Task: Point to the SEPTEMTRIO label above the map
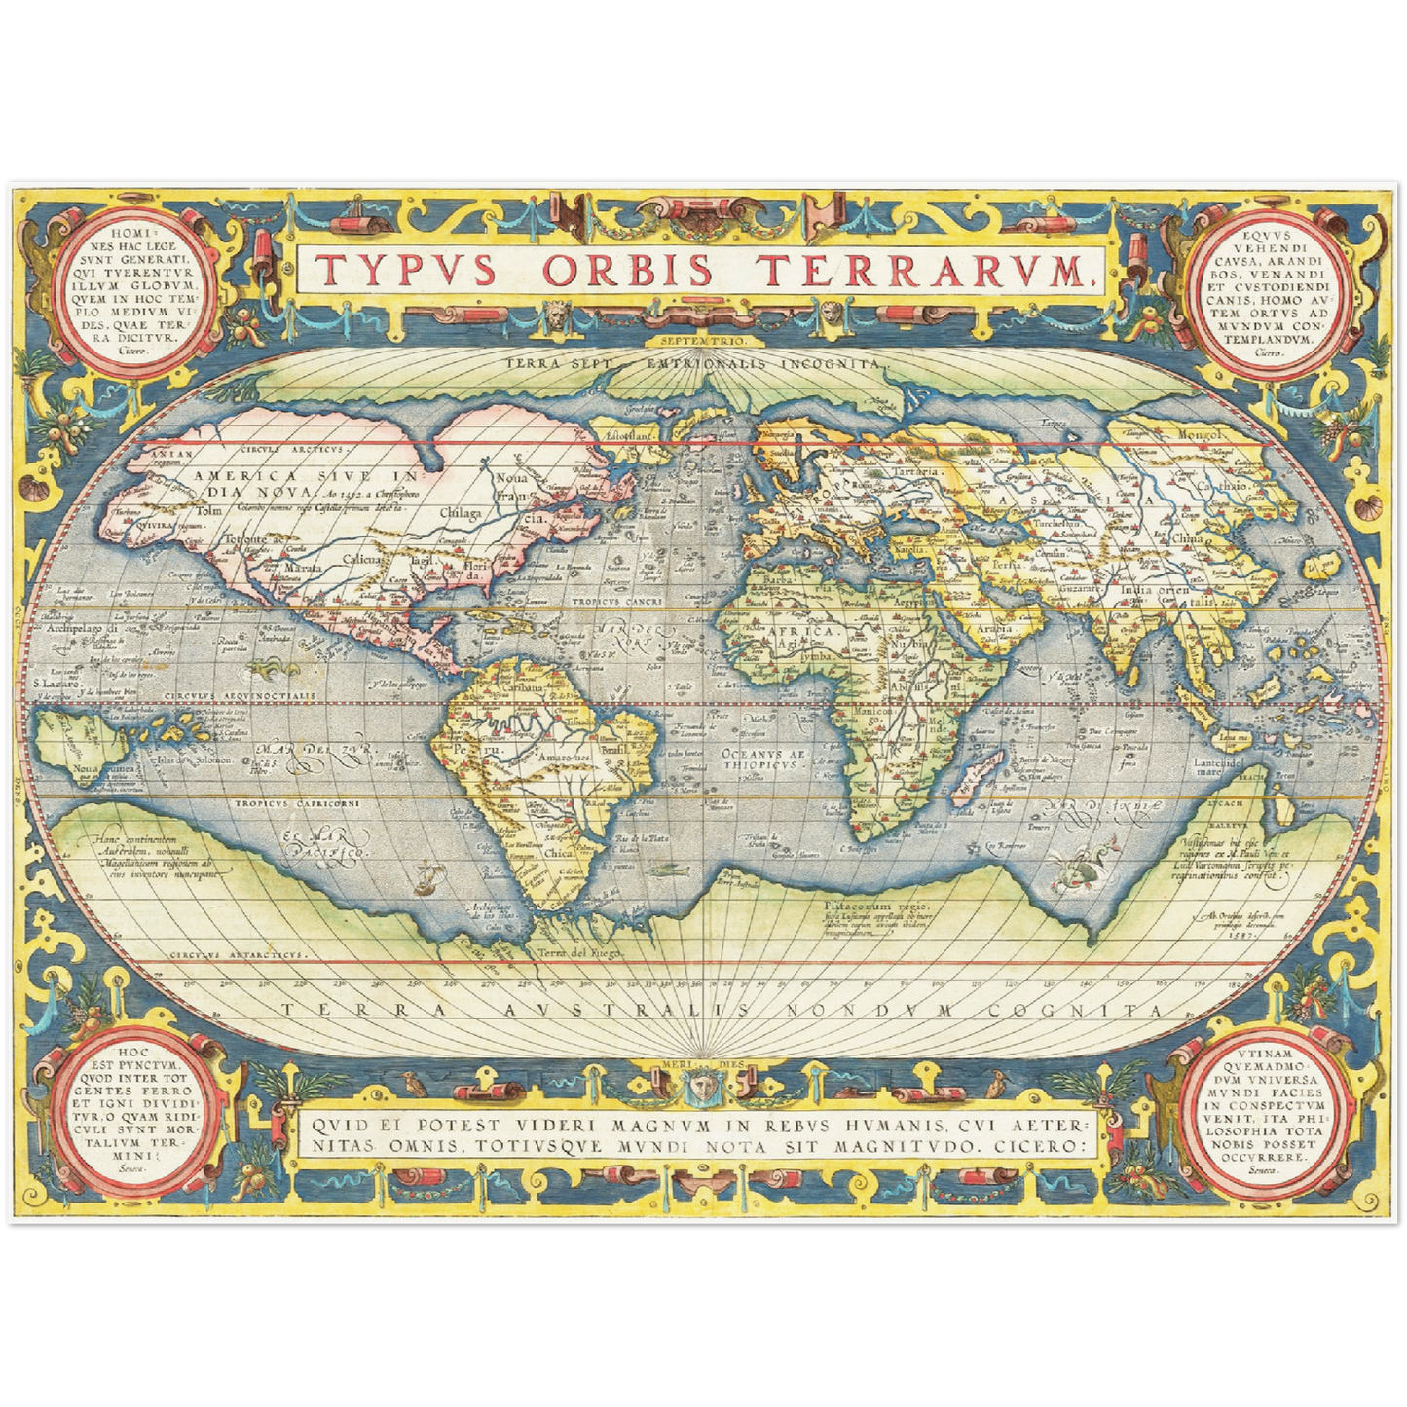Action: coord(702,342)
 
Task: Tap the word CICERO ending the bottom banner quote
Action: coord(1039,1146)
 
